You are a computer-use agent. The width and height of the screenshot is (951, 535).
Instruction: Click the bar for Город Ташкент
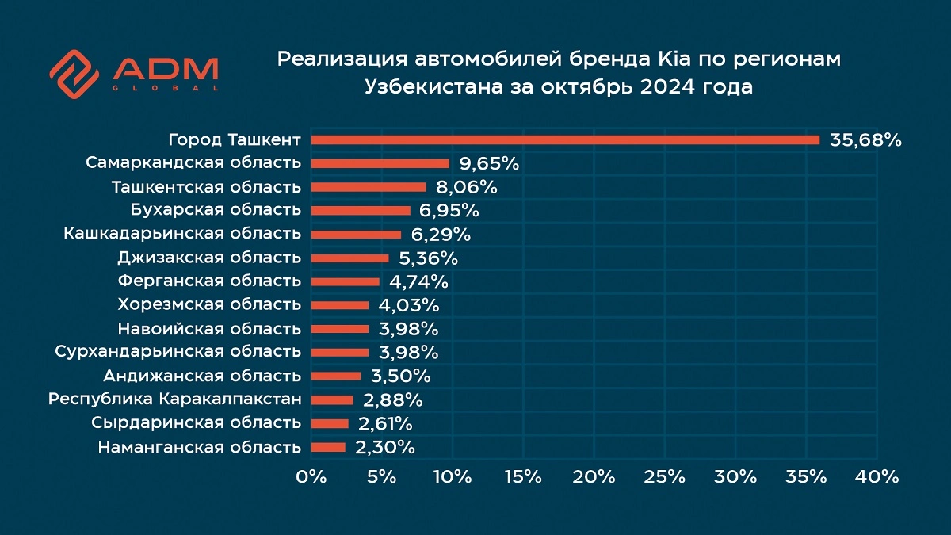(x=565, y=140)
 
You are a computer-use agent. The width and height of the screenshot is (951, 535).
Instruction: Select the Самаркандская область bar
(x=380, y=164)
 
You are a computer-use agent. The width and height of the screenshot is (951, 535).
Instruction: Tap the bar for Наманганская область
(x=328, y=448)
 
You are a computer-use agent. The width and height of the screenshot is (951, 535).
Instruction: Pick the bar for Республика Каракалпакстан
(x=332, y=400)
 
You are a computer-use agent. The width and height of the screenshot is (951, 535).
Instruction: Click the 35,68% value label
(x=865, y=141)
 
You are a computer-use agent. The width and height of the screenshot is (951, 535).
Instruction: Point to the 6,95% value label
(x=449, y=212)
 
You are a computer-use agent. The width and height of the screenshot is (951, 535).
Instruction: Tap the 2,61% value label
(x=384, y=424)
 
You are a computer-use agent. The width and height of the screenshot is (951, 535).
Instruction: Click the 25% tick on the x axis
(x=664, y=477)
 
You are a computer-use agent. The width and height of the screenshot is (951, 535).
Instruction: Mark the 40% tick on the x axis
(x=877, y=477)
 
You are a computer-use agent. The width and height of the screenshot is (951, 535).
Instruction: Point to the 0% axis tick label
(x=311, y=477)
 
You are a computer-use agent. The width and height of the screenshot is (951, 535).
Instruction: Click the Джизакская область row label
(x=209, y=258)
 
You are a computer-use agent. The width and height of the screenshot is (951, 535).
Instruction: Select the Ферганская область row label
(x=209, y=281)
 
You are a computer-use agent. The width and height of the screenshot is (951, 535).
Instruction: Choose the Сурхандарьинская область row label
(x=178, y=352)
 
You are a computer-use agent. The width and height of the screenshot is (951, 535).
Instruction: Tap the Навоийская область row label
(x=209, y=329)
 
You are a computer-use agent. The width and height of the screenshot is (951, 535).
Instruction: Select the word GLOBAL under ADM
(x=166, y=88)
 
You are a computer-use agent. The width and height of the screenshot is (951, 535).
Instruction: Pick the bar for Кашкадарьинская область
(x=356, y=235)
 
